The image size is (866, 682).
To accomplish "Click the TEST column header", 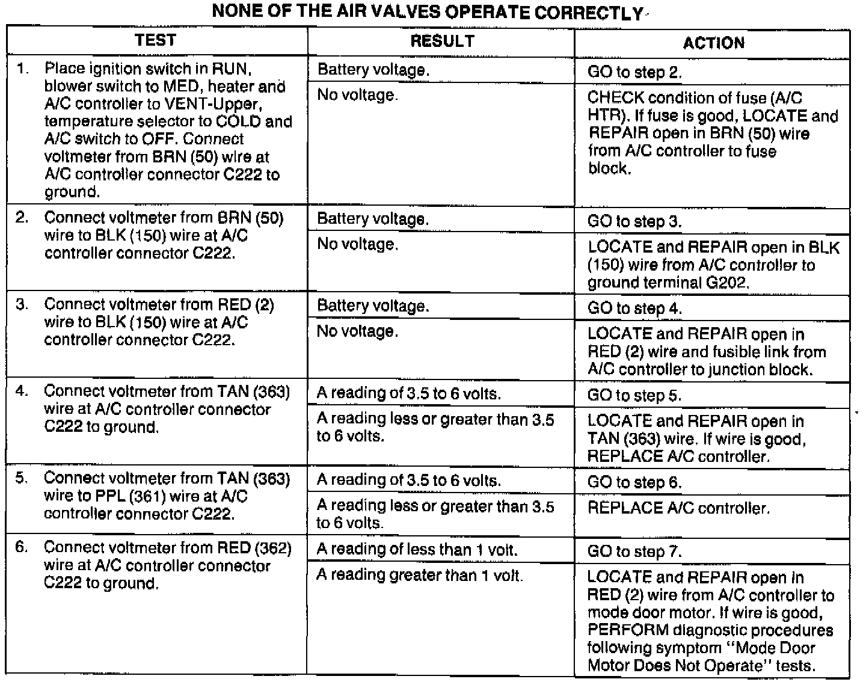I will (x=156, y=40).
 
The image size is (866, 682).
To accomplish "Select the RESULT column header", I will (x=442, y=41).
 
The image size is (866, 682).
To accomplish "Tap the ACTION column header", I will (x=713, y=43).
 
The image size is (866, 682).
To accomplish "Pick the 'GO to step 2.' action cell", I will (x=634, y=72).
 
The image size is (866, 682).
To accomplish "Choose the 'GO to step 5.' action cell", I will (x=634, y=395).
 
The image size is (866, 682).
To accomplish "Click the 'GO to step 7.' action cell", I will (x=634, y=551).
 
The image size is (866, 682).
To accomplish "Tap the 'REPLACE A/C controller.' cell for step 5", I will (x=678, y=508).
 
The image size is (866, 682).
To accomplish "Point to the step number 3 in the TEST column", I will (x=22, y=305).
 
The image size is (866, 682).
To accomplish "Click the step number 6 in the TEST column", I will (x=22, y=548).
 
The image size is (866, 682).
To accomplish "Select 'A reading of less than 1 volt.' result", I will (x=417, y=549).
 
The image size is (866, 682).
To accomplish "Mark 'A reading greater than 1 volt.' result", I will (x=420, y=576).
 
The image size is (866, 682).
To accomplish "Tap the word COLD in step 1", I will (x=238, y=121).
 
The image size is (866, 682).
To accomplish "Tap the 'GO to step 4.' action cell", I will (x=634, y=309).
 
